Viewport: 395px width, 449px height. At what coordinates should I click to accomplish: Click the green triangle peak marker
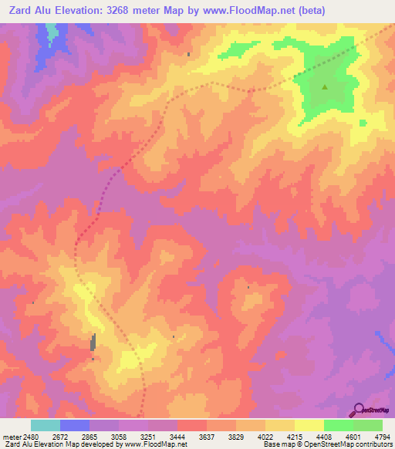(325, 87)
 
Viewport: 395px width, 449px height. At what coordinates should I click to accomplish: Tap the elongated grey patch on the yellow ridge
(93, 342)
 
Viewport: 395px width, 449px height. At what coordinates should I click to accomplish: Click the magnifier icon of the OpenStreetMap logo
(359, 410)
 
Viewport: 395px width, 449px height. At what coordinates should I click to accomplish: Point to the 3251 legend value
(149, 437)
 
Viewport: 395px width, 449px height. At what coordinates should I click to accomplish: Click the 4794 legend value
(383, 437)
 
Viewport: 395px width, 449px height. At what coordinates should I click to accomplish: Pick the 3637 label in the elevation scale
(208, 437)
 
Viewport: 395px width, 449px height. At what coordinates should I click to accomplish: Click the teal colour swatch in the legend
(46, 425)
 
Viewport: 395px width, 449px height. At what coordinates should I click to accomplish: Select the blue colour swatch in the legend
(75, 425)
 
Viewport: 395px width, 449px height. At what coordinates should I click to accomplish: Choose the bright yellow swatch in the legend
(309, 425)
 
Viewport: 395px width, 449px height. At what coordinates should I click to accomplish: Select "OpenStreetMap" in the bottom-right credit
(321, 444)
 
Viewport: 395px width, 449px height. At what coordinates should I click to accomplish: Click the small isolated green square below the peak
(363, 122)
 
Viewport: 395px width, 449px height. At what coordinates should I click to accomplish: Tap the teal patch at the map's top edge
(51, 32)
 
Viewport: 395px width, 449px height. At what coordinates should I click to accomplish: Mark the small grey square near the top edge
(189, 54)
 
